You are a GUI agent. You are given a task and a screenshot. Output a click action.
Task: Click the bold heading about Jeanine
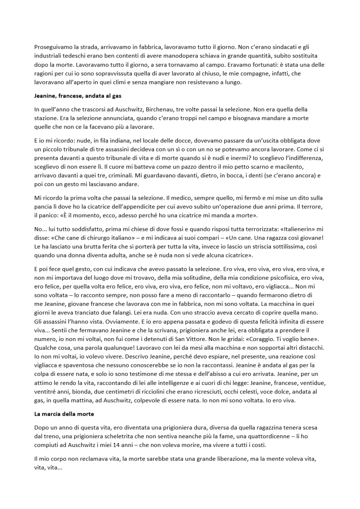point(78,96)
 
